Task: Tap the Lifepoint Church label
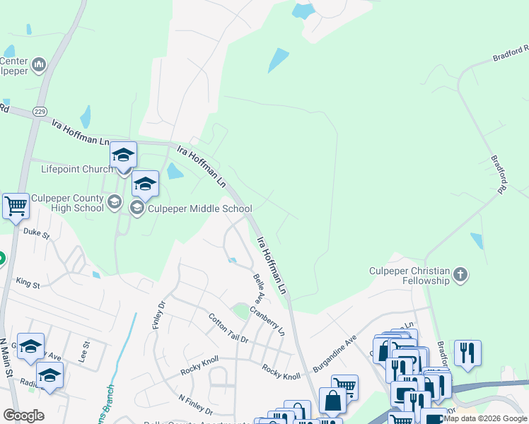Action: [76, 169]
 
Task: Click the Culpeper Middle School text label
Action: [199, 208]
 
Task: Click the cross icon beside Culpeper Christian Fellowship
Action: [460, 273]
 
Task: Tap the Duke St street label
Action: [36, 232]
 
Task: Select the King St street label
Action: [28, 283]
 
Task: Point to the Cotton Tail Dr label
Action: [228, 329]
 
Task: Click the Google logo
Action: [23, 416]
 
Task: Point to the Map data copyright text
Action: [486, 418]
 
